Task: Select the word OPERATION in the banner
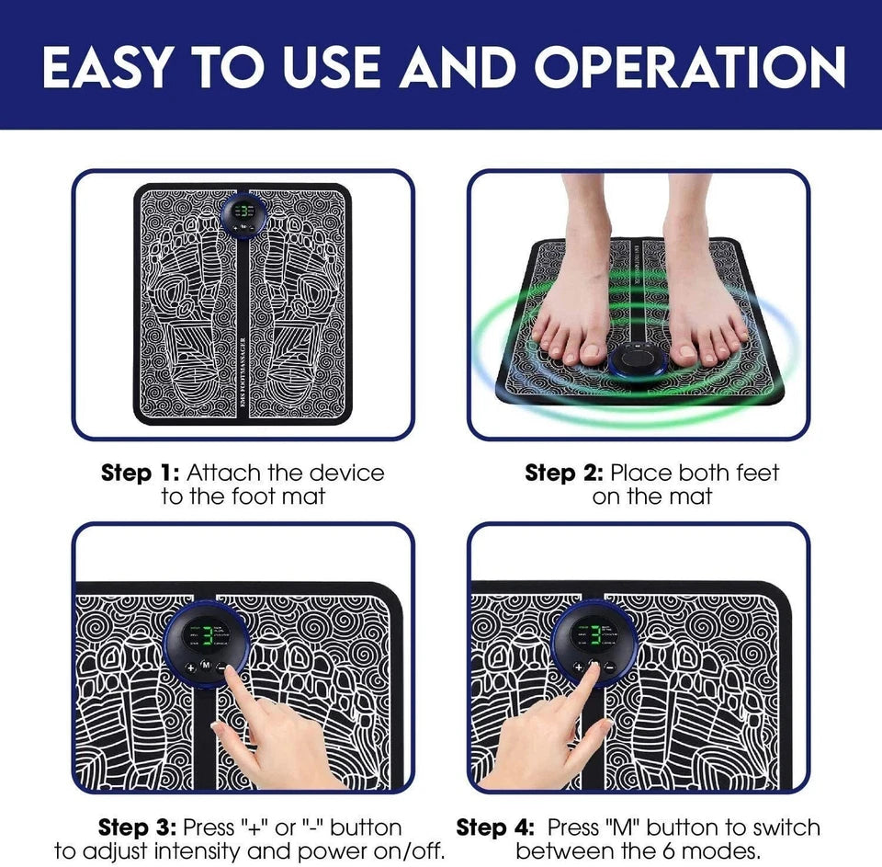(691, 66)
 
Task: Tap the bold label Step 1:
(140, 473)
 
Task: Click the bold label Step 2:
(563, 473)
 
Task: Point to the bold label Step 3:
(138, 827)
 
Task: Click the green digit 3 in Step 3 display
(207, 635)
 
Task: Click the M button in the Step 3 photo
(206, 666)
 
